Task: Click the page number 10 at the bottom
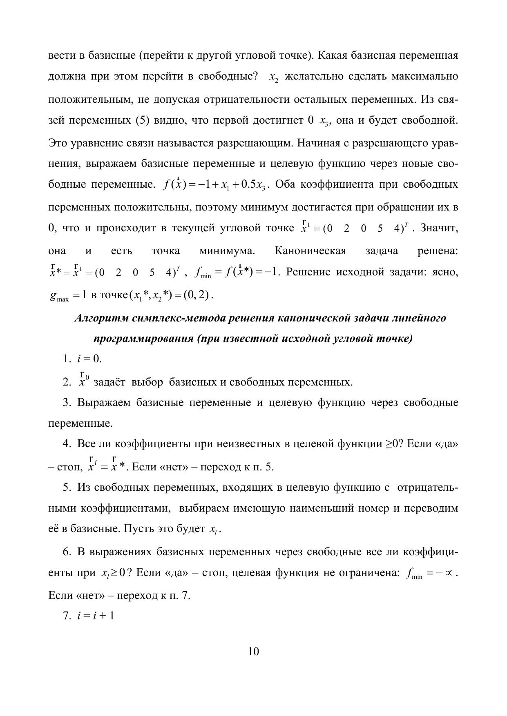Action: (x=253, y=652)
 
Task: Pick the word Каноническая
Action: (x=310, y=250)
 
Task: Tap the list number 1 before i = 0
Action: (x=67, y=359)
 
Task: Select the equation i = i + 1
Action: (x=95, y=616)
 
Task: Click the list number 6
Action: (x=67, y=552)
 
